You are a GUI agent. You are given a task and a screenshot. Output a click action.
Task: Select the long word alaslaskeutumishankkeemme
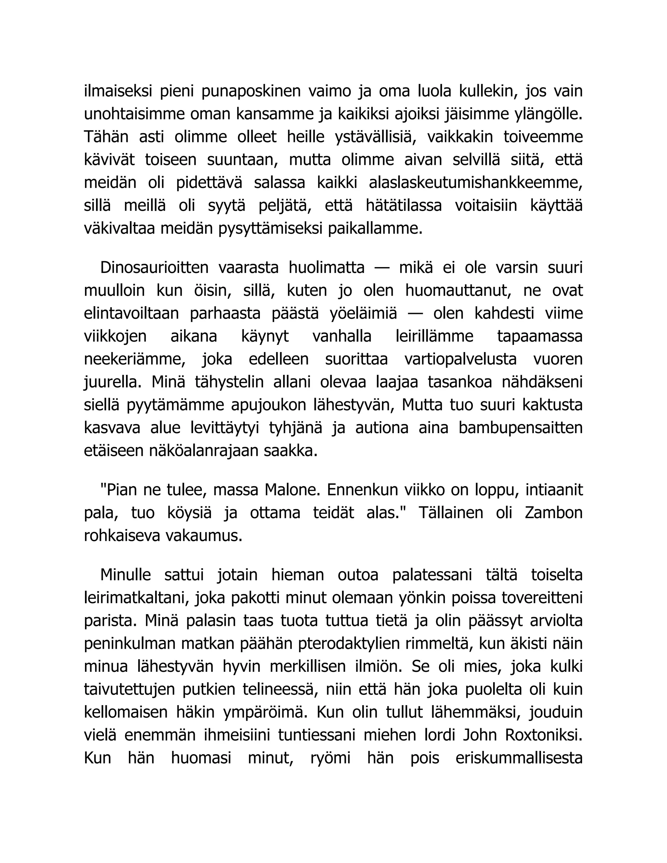click(x=476, y=183)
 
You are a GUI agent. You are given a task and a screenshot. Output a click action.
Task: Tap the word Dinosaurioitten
click(x=154, y=267)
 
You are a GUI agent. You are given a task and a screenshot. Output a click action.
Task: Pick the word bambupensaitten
click(x=520, y=428)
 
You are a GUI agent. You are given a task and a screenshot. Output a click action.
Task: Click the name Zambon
click(x=554, y=513)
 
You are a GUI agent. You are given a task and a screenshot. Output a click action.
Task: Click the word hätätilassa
click(x=404, y=206)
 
